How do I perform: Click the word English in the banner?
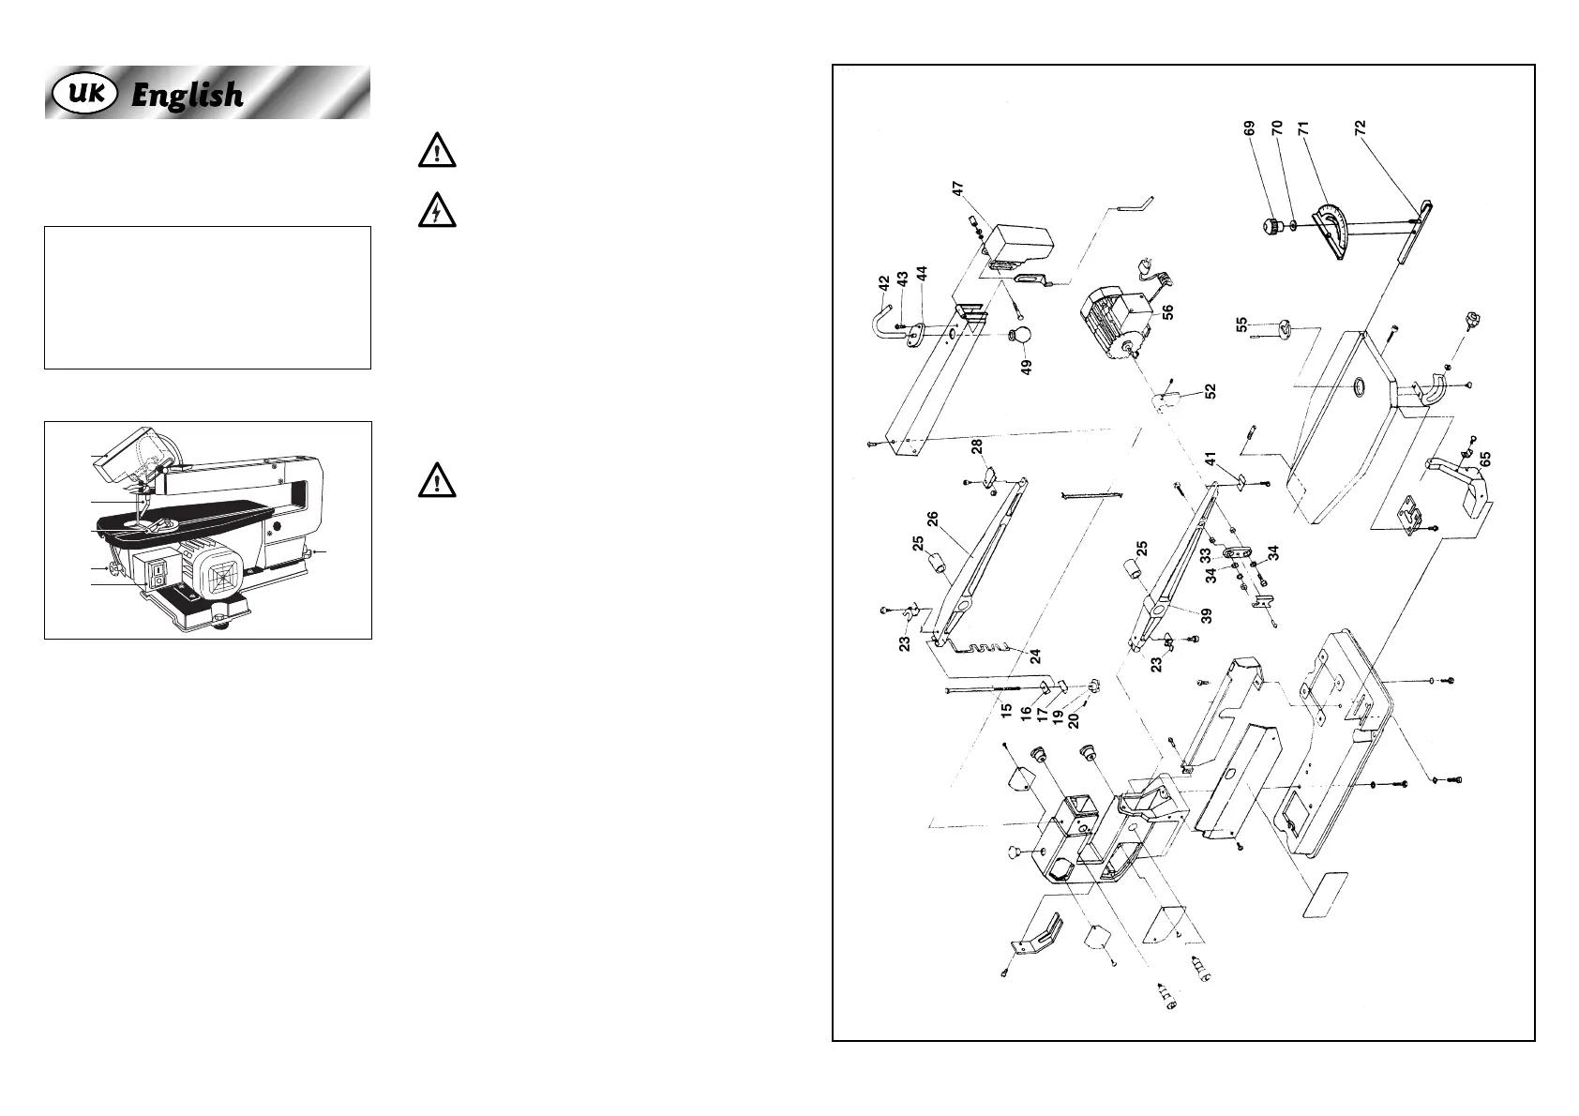point(187,95)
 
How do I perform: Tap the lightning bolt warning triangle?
point(437,213)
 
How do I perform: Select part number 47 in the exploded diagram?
point(958,189)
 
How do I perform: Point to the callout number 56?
point(1167,312)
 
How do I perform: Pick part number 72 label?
point(1360,128)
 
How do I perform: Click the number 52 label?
point(1210,391)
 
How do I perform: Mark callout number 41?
point(1210,460)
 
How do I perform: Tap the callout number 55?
point(1241,324)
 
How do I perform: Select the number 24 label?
point(1035,656)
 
